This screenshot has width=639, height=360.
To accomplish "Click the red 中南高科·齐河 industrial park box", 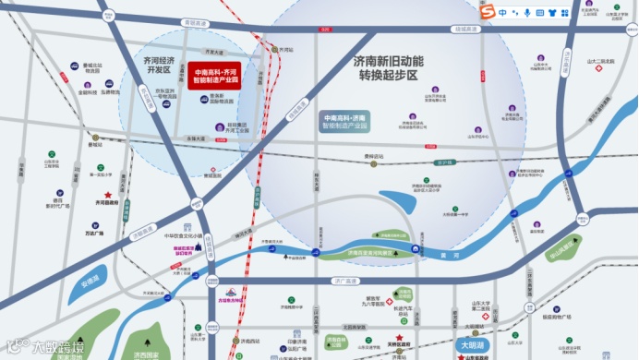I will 220,75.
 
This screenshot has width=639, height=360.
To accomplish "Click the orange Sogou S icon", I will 487,12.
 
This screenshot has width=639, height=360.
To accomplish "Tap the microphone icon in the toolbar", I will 527,13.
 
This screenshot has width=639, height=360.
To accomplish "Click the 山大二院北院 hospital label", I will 600,61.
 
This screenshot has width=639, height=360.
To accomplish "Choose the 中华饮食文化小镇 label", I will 184,236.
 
